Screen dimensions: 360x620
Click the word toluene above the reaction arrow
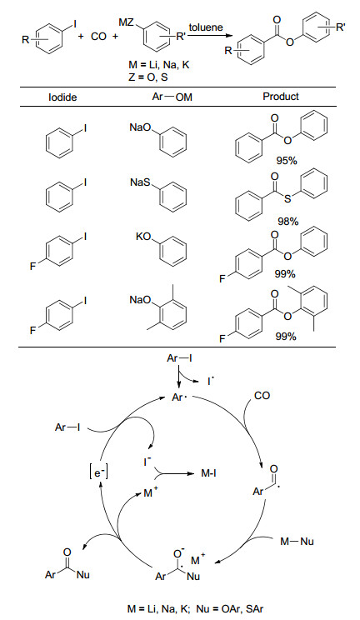point(206,27)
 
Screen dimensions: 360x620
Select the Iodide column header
point(62,97)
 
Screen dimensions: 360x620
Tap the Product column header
point(281,97)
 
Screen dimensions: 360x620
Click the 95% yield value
point(287,160)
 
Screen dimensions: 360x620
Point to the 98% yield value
point(288,222)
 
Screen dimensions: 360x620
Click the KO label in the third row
point(143,239)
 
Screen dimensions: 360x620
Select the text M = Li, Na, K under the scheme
point(159,65)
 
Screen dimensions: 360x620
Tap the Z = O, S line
point(148,77)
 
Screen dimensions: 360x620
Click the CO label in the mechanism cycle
point(262,396)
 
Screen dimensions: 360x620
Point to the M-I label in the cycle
point(208,472)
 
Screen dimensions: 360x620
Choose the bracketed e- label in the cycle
point(98,472)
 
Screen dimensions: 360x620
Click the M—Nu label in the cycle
point(297,542)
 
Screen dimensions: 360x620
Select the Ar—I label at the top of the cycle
point(180,358)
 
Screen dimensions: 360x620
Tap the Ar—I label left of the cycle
point(67,427)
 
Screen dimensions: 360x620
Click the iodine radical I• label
point(212,382)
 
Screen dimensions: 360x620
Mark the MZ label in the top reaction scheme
point(127,22)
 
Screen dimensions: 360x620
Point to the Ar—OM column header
point(172,97)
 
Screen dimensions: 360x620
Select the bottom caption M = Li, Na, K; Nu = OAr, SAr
point(195,609)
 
